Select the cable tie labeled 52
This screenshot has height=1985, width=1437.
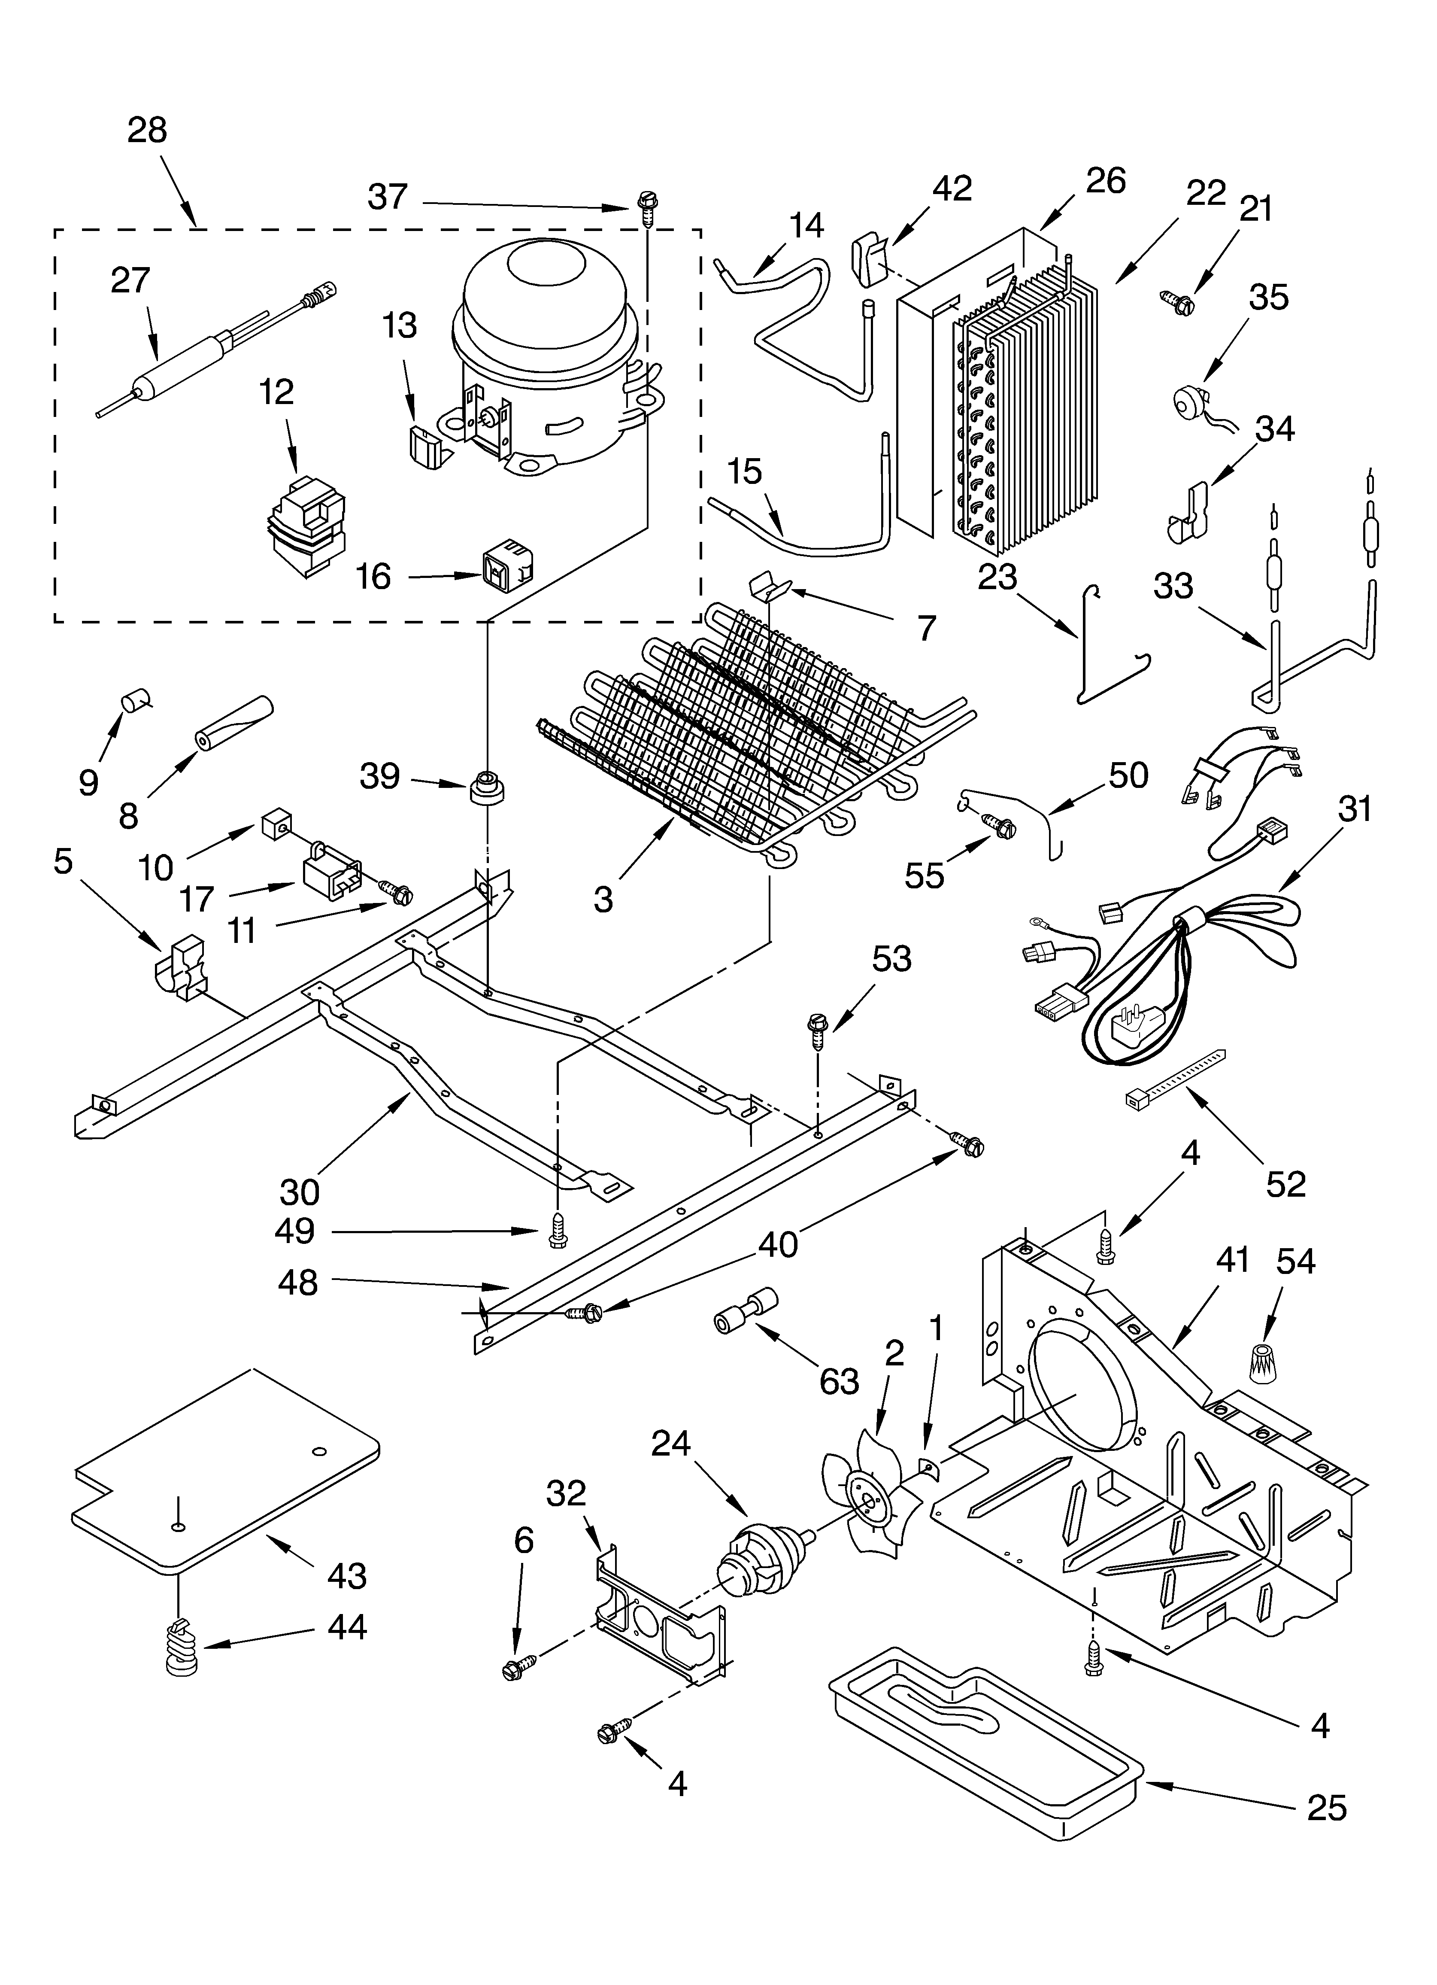click(1173, 1085)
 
